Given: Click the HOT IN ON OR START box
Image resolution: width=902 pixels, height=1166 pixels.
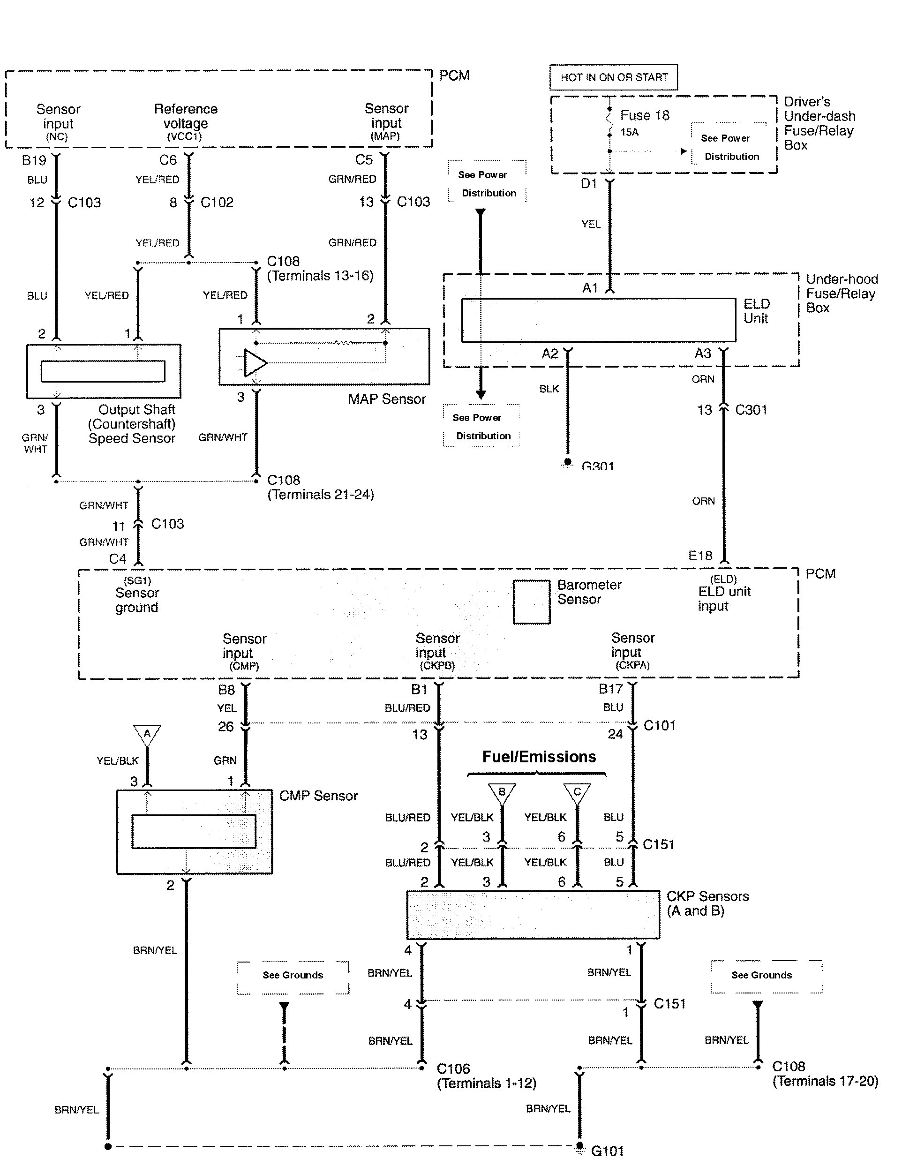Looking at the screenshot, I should click(x=614, y=77).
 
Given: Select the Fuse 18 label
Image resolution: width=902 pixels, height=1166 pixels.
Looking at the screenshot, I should click(x=644, y=115).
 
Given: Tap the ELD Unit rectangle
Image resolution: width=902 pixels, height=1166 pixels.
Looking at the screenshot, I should click(x=598, y=320).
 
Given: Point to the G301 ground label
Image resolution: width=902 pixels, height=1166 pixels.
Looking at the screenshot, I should click(x=598, y=466).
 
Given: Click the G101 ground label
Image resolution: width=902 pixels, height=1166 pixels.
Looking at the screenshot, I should click(x=608, y=1151).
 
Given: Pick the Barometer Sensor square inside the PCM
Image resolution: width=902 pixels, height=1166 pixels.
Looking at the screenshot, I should click(x=531, y=602).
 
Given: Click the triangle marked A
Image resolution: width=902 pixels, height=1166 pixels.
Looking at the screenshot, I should click(x=147, y=734).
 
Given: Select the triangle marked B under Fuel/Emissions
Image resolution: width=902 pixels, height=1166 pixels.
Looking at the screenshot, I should click(x=502, y=792).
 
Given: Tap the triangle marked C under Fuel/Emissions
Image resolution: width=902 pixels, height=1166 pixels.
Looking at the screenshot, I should click(x=577, y=792).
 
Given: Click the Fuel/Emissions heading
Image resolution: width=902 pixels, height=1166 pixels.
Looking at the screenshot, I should click(x=539, y=757).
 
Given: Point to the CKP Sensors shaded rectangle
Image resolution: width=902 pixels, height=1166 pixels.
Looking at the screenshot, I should click(x=533, y=915).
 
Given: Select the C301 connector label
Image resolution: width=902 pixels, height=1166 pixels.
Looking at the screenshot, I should click(x=751, y=410).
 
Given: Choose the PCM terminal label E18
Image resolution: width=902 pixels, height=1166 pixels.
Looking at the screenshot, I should click(x=700, y=556).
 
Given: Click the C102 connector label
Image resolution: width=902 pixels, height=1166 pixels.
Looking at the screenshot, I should click(x=217, y=203).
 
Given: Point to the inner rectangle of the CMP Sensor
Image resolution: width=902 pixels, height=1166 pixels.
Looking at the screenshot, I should click(x=194, y=831).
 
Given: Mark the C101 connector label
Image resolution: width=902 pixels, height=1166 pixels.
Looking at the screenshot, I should click(x=659, y=726).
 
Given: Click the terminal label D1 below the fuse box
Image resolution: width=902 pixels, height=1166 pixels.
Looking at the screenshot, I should click(x=589, y=184).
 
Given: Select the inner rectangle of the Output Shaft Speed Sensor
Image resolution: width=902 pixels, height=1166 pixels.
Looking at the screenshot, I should click(x=103, y=371).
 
